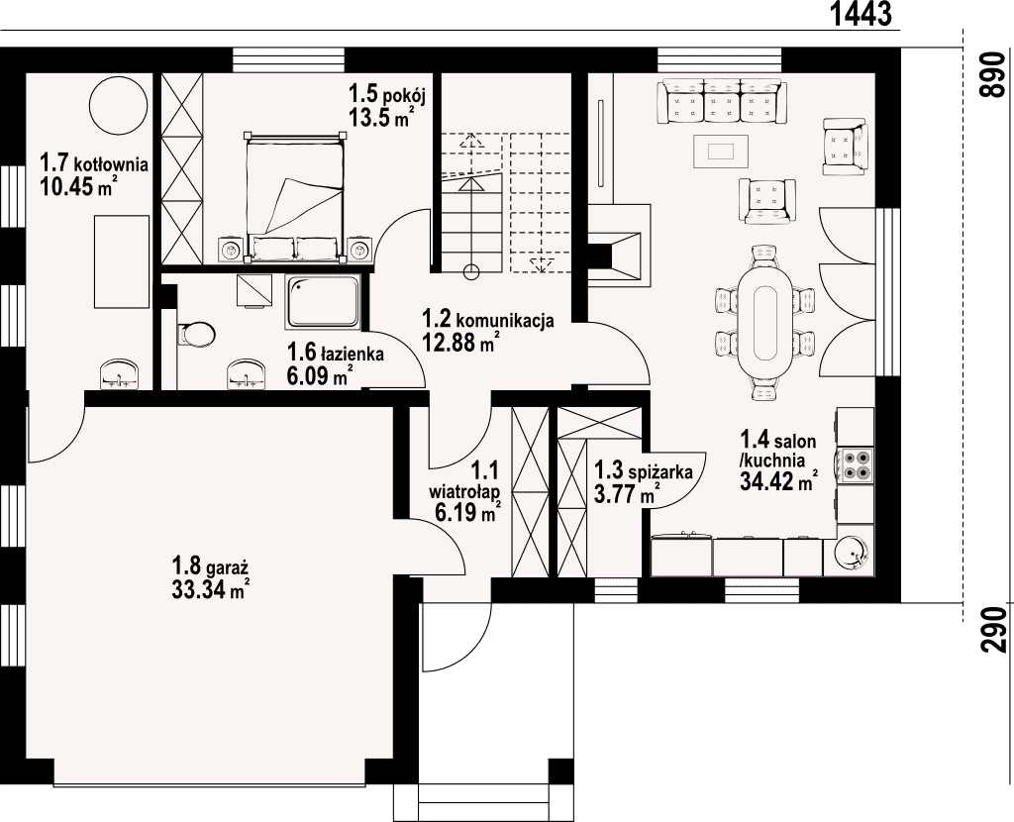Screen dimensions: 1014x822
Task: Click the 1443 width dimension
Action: pos(861,14)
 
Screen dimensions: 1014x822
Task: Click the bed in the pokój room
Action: pos(293,197)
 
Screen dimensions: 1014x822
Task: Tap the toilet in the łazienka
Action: pos(197,335)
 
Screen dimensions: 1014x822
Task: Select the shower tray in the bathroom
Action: pos(323,301)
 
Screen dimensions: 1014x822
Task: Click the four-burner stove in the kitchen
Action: pos(855,464)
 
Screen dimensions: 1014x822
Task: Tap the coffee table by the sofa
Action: pos(721,152)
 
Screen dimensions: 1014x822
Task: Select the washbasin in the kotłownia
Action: pos(119,375)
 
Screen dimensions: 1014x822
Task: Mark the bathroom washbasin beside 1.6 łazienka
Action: pos(247,374)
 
